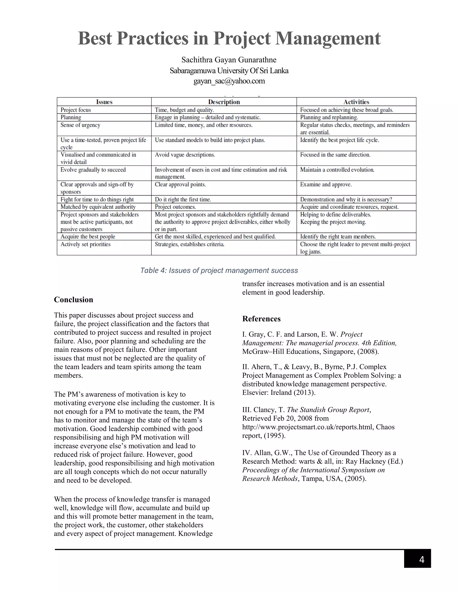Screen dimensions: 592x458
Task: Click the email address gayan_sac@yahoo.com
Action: pos(229,81)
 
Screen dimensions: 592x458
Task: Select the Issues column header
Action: pos(104,102)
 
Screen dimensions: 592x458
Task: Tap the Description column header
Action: pos(224,102)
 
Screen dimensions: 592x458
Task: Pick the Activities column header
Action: pos(356,102)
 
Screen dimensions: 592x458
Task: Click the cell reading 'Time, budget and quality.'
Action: pos(184,110)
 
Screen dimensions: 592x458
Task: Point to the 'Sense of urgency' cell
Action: pos(80,125)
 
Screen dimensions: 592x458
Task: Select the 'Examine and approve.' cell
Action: pos(326,185)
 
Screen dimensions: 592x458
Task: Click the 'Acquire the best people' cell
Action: pos(88,237)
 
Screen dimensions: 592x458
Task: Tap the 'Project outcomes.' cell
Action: pos(175,207)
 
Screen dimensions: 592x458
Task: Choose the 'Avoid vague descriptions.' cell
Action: pos(185,155)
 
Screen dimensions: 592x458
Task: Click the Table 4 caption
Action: pos(219,270)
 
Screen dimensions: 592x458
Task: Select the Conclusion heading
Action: pos(74,300)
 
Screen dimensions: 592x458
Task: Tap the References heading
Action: pos(261,319)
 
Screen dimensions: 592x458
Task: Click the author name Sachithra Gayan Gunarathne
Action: pos(229,60)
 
